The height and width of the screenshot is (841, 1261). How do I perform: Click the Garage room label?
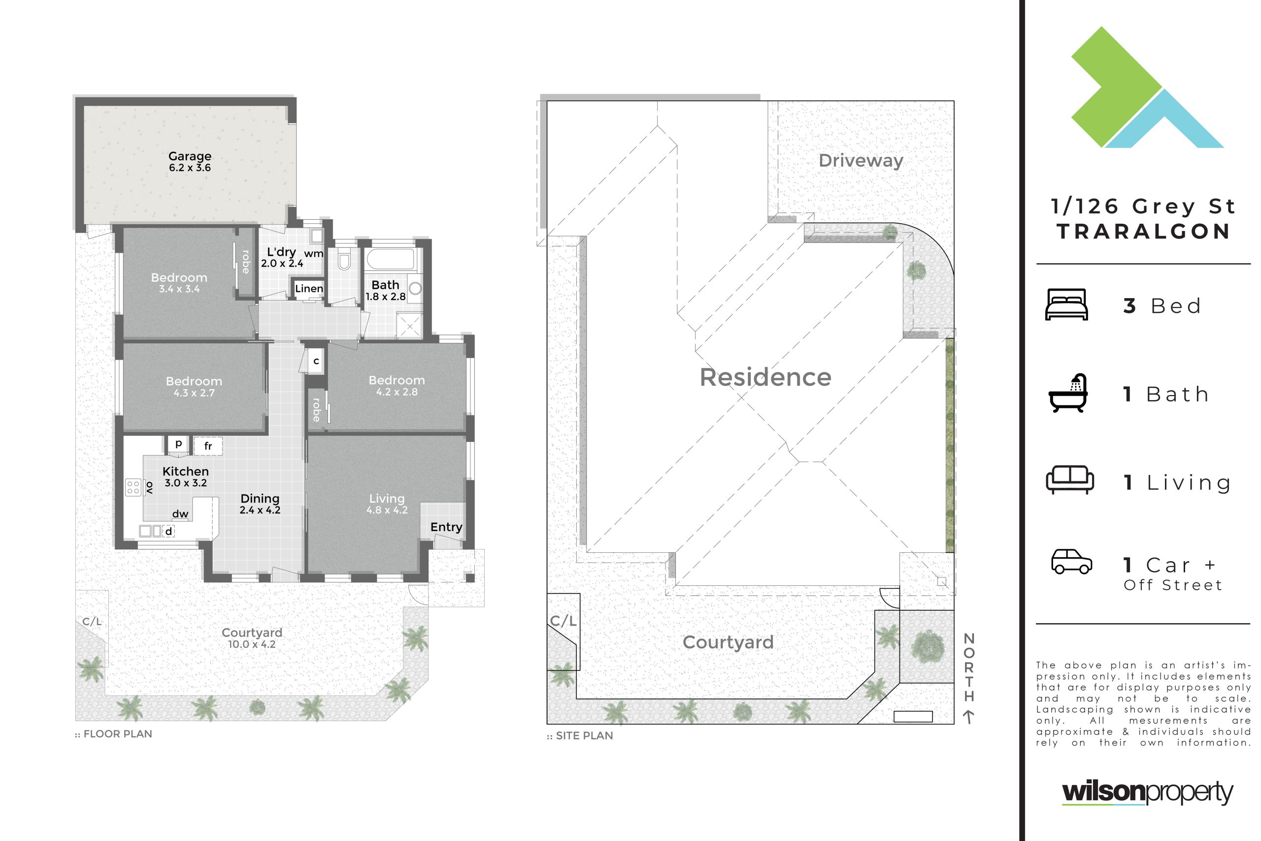[190, 156]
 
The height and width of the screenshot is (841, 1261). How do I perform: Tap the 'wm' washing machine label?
[314, 254]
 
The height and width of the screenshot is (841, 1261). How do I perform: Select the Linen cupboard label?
[309, 289]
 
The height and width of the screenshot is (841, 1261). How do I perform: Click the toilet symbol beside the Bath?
[344, 261]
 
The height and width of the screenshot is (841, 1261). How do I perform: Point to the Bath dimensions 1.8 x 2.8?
[386, 297]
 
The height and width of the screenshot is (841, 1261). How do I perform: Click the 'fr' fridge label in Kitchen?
[208, 446]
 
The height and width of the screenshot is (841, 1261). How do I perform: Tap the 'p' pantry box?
[178, 443]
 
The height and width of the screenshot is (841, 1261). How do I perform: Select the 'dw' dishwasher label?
[180, 514]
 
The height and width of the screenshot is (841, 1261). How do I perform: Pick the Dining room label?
[260, 498]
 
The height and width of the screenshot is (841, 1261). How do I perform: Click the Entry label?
[446, 527]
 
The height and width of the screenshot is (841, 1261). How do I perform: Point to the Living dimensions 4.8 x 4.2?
[387, 510]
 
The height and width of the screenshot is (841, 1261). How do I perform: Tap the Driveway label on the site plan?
[861, 161]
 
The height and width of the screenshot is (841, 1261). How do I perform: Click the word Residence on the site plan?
[765, 377]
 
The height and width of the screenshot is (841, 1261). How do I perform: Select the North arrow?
[968, 716]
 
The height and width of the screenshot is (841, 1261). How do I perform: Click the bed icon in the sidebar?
[1066, 304]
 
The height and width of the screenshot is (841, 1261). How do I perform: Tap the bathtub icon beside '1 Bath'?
[1068, 393]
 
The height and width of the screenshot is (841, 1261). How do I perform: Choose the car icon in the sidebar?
[1072, 561]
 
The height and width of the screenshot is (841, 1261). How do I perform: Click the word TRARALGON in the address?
[1144, 232]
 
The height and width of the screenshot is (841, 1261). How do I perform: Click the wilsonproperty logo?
[1148, 793]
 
